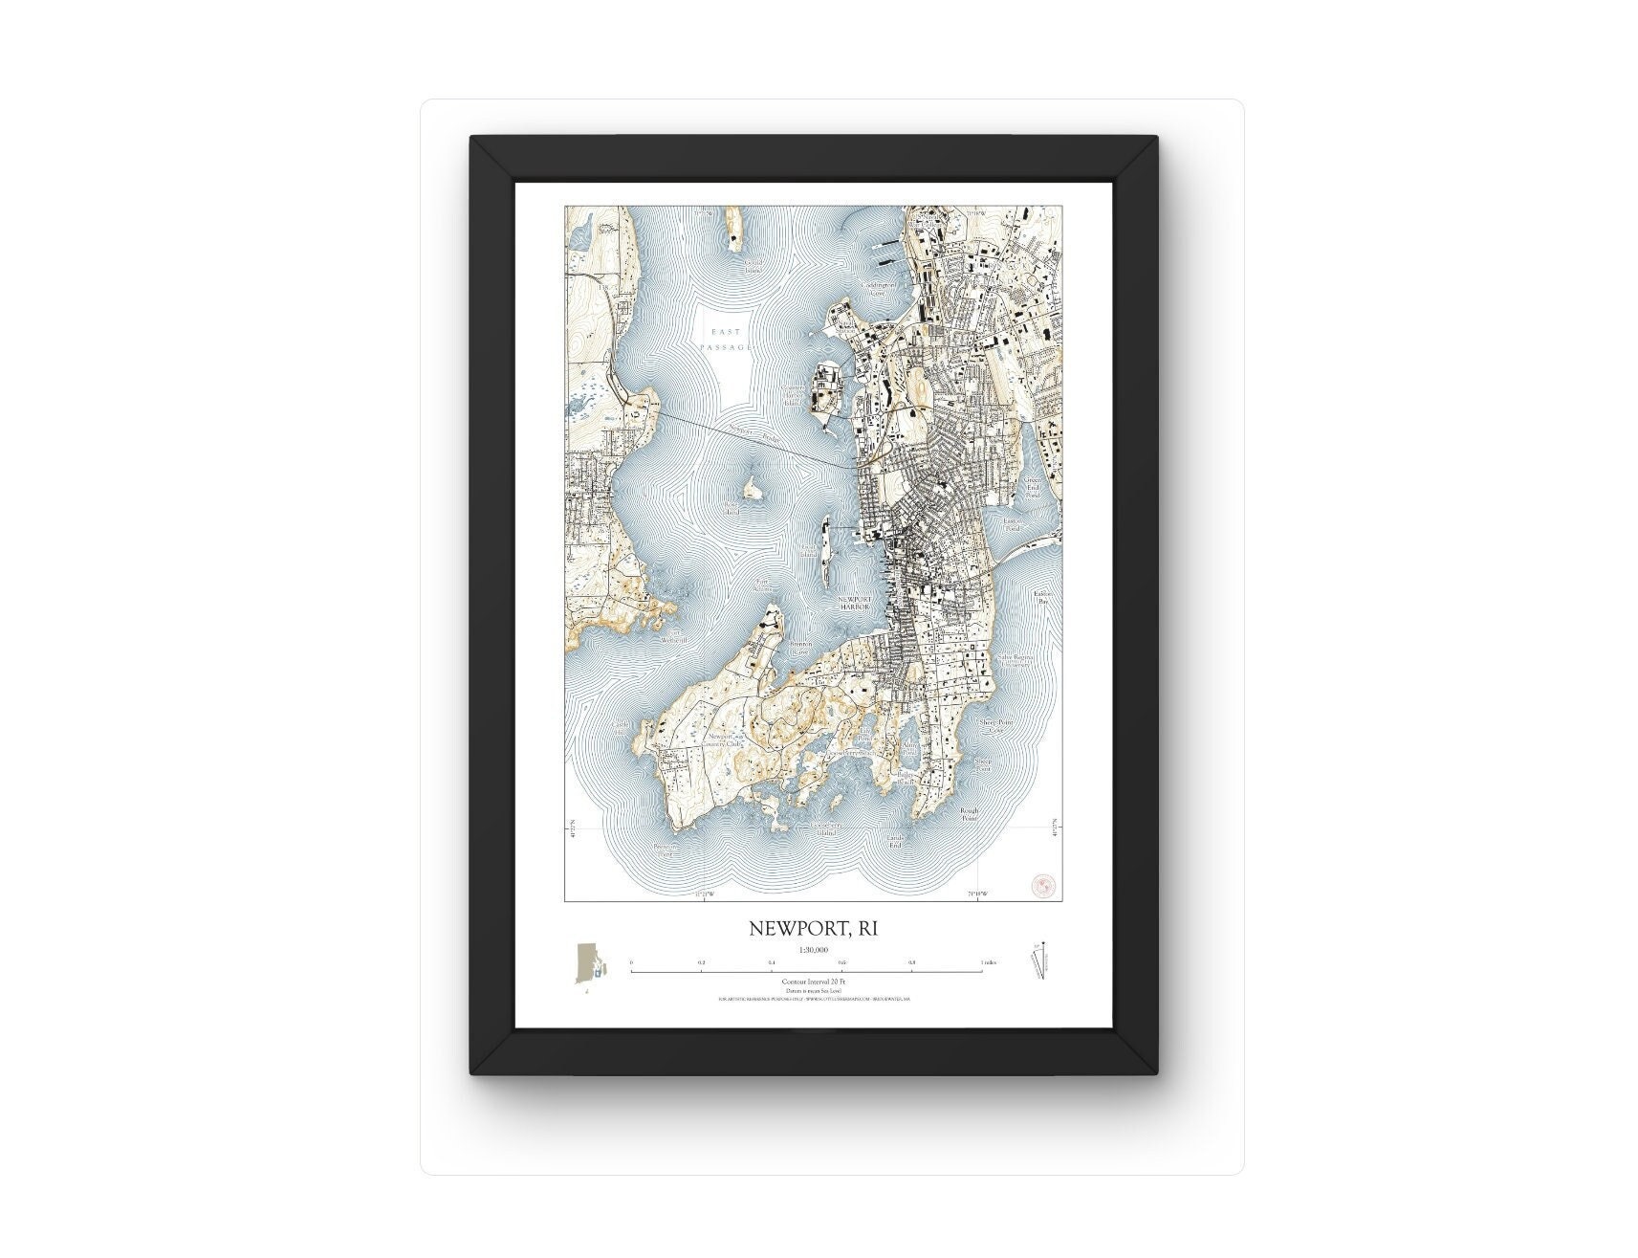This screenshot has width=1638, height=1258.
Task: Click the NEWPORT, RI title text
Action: click(x=812, y=928)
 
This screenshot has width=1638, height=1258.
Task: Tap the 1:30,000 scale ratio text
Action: click(x=812, y=950)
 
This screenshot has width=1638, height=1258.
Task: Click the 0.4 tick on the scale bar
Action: click(x=771, y=962)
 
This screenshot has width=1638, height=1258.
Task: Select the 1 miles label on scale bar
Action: click(x=989, y=962)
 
